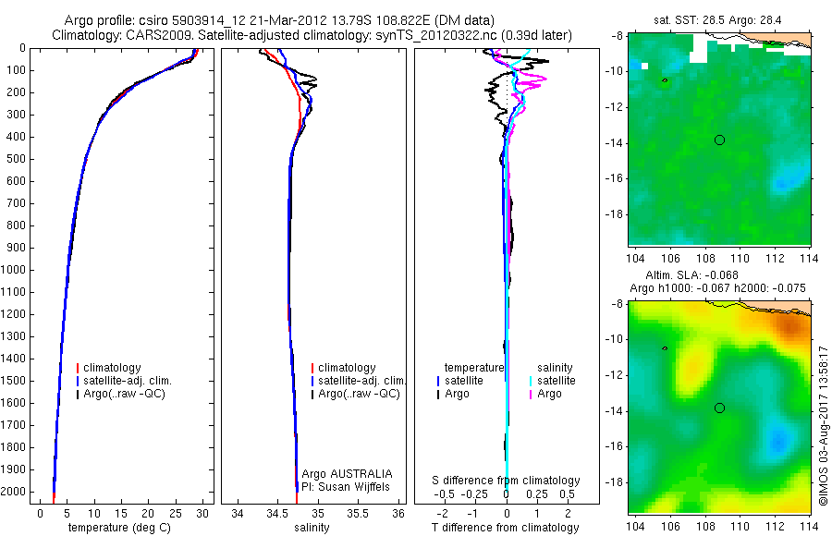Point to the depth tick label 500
coord(19,159)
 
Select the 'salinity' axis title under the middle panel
coord(312,528)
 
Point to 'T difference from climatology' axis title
coord(506,528)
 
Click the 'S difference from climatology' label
coord(507,481)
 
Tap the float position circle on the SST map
coord(719,140)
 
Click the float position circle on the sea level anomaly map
coord(719,408)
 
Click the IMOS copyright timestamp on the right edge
coord(822,425)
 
